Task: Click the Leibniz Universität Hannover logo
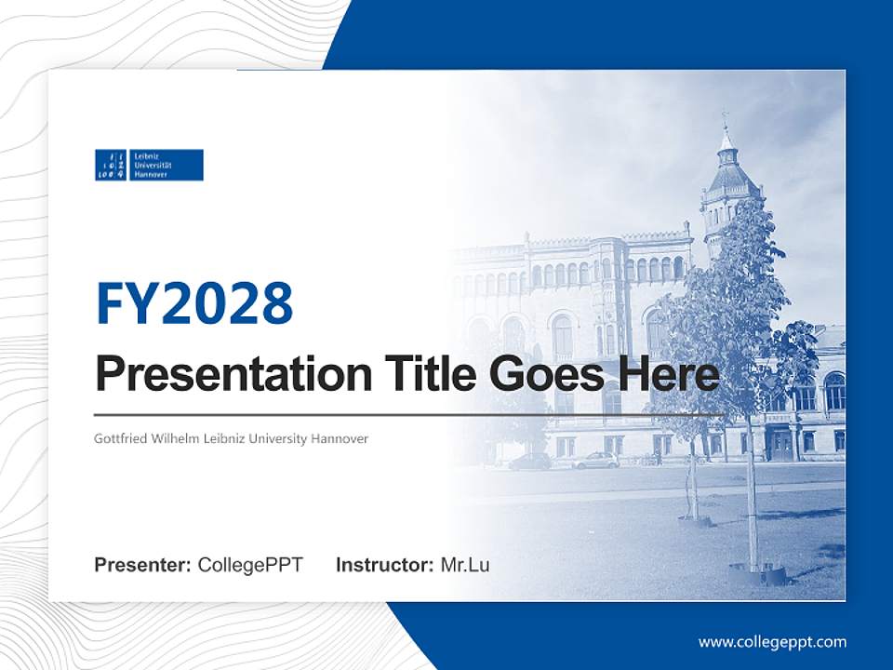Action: click(x=149, y=165)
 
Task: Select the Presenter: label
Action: click(x=143, y=565)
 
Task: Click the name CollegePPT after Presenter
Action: click(x=250, y=565)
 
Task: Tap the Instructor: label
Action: click(x=384, y=565)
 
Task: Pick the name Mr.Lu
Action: click(x=465, y=565)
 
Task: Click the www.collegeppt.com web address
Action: click(x=772, y=642)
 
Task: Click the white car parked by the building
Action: click(x=595, y=460)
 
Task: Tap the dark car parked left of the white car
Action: click(x=530, y=462)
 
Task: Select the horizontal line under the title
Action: click(x=409, y=414)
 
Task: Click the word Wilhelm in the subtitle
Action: click(x=176, y=437)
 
